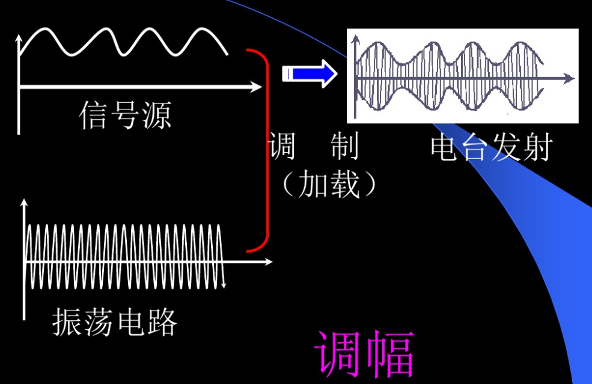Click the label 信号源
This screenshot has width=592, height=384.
coord(125,115)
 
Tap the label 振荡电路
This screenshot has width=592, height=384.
coord(115,323)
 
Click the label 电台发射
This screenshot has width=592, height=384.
coord(490,148)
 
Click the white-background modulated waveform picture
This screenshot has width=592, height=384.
coord(462,76)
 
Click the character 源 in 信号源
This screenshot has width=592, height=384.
coord(156,115)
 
